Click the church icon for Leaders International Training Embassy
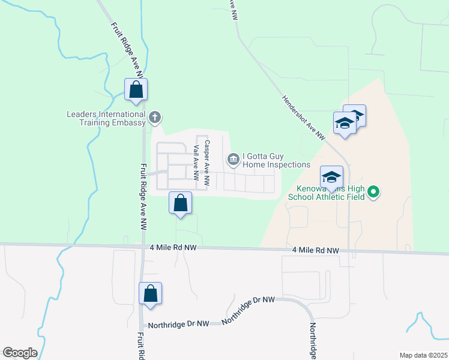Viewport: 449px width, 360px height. pos(155,116)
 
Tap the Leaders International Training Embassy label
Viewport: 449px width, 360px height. pos(106,118)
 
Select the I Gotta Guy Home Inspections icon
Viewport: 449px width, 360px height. pos(233,159)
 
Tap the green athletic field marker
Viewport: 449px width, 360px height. pos(373,192)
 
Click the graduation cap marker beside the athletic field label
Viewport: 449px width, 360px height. pos(331,177)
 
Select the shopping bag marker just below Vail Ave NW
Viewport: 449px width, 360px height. pos(180,203)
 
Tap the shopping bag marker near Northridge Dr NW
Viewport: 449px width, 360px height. pos(150,294)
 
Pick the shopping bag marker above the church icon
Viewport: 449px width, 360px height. pos(136,90)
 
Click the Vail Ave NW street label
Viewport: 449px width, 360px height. pos(196,163)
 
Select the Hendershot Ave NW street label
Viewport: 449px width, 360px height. pos(303,118)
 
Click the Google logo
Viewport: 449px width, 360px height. pos(20,353)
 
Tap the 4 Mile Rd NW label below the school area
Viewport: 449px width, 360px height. pos(316,250)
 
